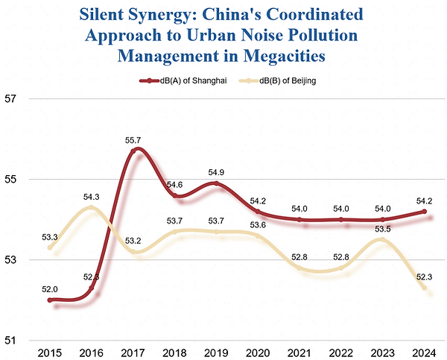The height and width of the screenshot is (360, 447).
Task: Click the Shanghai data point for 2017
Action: tap(133, 151)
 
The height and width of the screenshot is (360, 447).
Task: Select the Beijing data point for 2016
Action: tap(91, 207)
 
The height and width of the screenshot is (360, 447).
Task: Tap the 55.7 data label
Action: tap(133, 140)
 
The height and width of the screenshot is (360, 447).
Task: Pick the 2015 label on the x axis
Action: tap(49, 352)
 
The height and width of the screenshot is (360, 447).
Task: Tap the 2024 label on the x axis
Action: tap(424, 352)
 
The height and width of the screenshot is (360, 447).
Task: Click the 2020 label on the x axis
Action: tap(257, 352)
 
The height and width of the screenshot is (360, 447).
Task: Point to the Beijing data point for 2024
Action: tap(424, 288)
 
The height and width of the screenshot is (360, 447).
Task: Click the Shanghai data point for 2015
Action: tap(49, 300)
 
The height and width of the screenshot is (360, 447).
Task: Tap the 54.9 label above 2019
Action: tap(215, 173)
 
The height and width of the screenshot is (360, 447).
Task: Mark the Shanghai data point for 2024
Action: tap(424, 212)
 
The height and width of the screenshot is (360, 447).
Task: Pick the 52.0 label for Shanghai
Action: tap(49, 288)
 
